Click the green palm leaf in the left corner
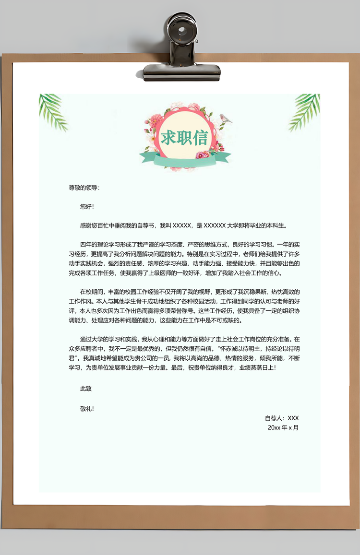tap(52, 111)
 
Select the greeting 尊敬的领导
tap(84, 188)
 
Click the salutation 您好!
tap(87, 206)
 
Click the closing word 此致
tap(86, 389)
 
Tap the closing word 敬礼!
tap(87, 409)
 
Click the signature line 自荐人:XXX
tap(282, 418)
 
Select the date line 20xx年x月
tap(283, 427)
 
